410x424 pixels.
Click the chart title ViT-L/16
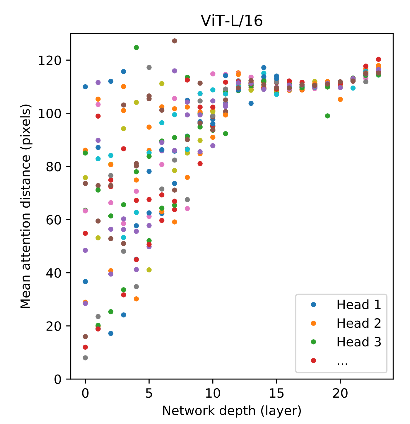coord(232,21)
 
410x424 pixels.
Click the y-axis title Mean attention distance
coord(26,206)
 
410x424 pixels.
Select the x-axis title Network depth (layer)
coord(232,411)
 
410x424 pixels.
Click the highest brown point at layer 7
coord(175,41)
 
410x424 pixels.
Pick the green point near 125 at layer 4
coord(136,47)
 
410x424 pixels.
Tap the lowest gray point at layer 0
coord(85,358)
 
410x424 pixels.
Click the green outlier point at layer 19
coord(327,116)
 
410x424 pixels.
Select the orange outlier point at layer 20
coord(340,100)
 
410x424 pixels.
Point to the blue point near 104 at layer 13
coord(251,103)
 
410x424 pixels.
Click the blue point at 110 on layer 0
coord(85,87)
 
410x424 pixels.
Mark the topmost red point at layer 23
coord(378,59)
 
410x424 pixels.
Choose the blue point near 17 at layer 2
coord(111,334)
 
